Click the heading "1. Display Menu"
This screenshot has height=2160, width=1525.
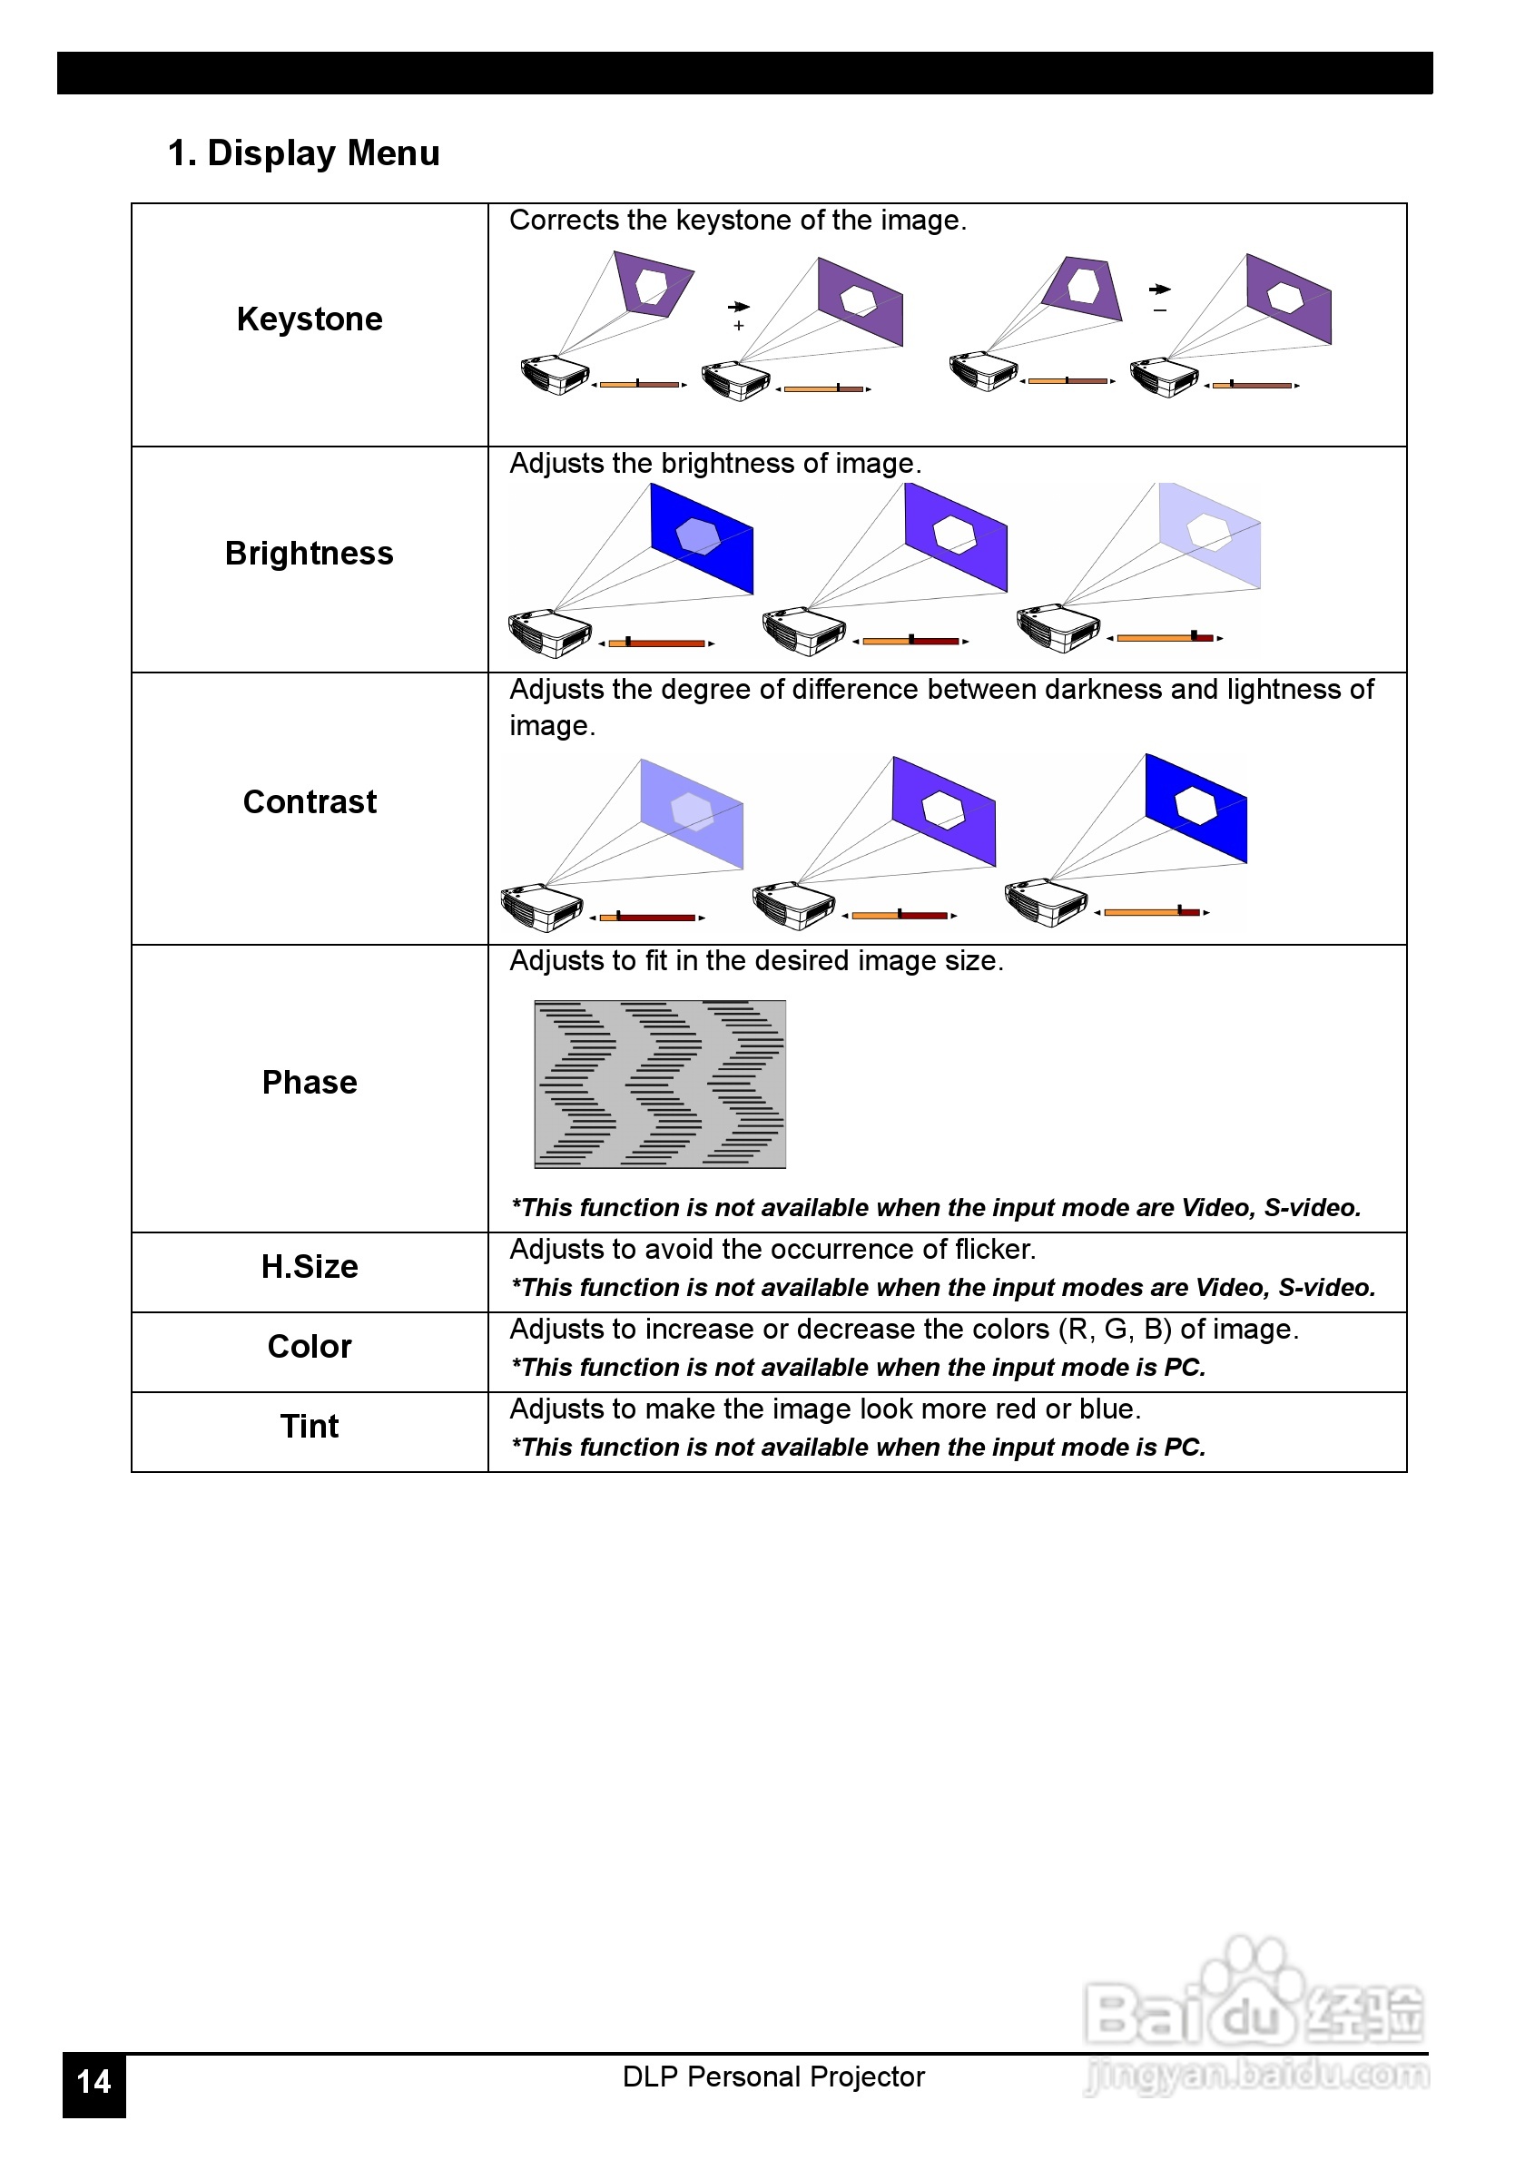(303, 152)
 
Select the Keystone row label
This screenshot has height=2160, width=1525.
(310, 319)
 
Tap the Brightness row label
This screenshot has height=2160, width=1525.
(310, 554)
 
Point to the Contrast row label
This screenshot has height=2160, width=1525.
(310, 801)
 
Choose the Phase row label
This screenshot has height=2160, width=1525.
(310, 1082)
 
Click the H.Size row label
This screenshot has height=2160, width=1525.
(310, 1266)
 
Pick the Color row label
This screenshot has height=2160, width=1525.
(310, 1346)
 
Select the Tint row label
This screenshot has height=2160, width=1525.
(310, 1426)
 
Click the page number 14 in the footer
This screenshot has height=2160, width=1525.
(94, 2081)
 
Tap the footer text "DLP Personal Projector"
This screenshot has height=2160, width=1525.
(773, 2077)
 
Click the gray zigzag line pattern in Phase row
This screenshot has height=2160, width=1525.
(660, 1084)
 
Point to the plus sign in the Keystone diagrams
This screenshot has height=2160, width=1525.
(739, 326)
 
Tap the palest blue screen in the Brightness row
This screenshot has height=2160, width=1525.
(1211, 536)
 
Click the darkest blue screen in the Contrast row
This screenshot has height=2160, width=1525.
(1196, 807)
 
